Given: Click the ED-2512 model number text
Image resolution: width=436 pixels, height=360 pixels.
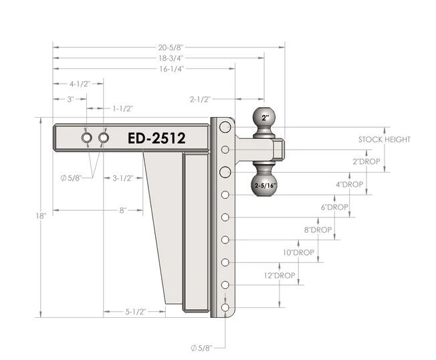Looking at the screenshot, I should click(x=156, y=138).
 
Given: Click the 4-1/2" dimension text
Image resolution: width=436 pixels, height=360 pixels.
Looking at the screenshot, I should click(x=80, y=84).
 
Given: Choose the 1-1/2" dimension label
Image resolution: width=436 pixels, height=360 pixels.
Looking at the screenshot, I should click(x=123, y=108).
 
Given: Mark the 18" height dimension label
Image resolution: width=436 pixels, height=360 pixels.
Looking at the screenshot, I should click(x=41, y=216).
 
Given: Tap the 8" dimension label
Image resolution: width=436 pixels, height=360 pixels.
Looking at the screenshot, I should click(x=123, y=210).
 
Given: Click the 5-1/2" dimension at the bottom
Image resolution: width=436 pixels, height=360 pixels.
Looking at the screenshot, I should click(x=134, y=312).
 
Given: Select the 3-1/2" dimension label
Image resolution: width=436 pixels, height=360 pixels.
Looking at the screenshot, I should click(x=123, y=178).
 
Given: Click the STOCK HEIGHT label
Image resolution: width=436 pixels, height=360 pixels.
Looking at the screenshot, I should click(x=384, y=140).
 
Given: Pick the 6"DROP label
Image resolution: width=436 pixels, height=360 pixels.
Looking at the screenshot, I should click(x=334, y=207).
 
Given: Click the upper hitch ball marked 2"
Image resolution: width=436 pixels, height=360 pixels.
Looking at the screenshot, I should click(x=265, y=118).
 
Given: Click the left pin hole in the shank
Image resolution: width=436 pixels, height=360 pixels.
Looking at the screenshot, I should click(x=88, y=138).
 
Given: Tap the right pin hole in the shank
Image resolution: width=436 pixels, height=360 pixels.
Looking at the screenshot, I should click(x=104, y=138).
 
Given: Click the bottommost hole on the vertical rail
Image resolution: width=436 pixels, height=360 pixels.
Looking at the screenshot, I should click(x=226, y=308).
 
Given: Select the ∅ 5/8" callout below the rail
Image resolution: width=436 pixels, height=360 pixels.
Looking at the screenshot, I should click(x=202, y=348).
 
